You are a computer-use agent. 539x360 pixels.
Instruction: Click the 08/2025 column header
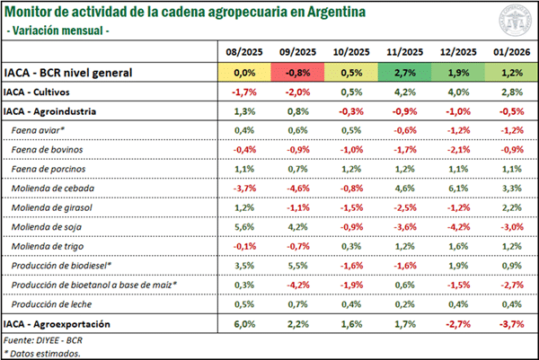pyautogui.click(x=245, y=53)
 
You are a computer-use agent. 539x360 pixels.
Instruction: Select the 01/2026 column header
pyautogui.click(x=510, y=53)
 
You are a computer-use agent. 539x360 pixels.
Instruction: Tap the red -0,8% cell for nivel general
pyautogui.click(x=298, y=72)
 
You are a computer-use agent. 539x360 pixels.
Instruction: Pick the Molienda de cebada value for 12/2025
pyautogui.click(x=457, y=189)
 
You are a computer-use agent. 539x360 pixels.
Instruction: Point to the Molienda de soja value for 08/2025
pyautogui.click(x=245, y=227)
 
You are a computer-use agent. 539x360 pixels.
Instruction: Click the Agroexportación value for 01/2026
pyautogui.click(x=510, y=323)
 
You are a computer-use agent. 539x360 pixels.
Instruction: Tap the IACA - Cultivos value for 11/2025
pyautogui.click(x=404, y=92)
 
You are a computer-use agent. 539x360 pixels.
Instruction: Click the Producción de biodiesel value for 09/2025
pyautogui.click(x=298, y=266)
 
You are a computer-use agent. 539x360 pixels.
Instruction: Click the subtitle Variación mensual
pyautogui.click(x=58, y=31)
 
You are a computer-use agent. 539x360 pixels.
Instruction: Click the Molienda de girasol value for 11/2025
pyautogui.click(x=404, y=207)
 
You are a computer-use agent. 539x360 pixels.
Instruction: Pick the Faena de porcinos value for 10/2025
pyautogui.click(x=351, y=169)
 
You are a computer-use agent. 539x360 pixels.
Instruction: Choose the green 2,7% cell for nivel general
pyautogui.click(x=404, y=72)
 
